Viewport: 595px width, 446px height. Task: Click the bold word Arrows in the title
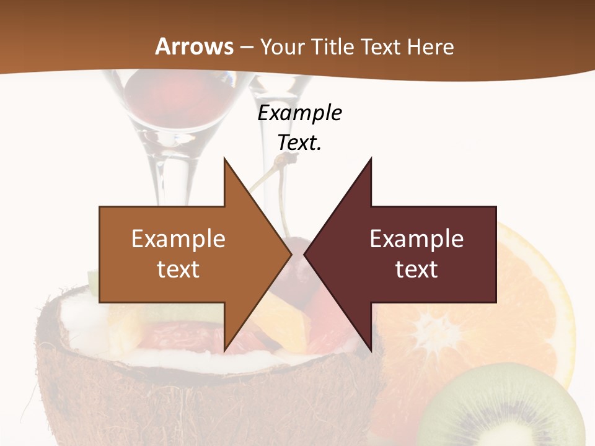195,46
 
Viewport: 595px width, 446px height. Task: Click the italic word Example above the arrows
299,113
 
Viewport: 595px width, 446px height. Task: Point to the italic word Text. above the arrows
299,142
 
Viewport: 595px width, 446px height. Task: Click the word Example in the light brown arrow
178,238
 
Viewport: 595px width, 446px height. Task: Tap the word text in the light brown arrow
178,269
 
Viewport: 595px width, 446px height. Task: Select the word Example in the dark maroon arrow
416,238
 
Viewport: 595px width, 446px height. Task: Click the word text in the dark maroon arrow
416,269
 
